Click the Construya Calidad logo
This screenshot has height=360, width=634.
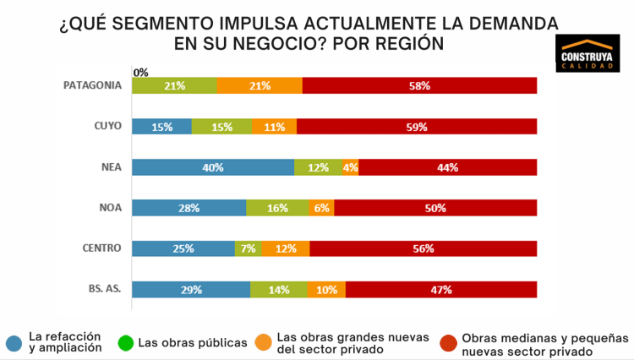589,56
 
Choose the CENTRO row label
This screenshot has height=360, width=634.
102,248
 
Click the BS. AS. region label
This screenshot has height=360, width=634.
105,289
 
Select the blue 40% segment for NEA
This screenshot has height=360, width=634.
213,167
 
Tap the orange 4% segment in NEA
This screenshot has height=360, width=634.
351,167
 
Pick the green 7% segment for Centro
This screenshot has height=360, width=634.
248,248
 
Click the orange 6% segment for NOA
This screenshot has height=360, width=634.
321,208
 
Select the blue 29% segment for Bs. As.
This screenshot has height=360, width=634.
191,289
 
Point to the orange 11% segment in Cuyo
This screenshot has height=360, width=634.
273,127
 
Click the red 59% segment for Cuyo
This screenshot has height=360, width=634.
417,127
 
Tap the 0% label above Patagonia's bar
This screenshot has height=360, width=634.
140,72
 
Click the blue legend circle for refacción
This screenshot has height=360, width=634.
14,342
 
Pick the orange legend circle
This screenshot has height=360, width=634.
262,342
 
